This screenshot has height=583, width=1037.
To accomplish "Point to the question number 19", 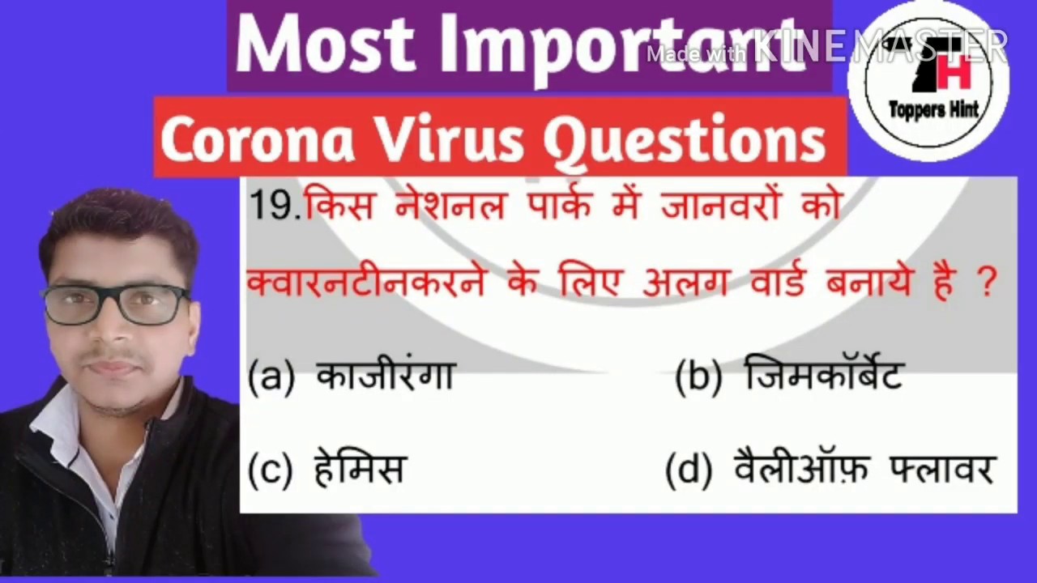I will [x=275, y=206].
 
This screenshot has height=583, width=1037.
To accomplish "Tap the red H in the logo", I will [x=956, y=72].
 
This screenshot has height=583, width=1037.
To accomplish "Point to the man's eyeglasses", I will [x=117, y=304].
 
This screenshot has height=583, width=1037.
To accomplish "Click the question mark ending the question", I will [x=986, y=284].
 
